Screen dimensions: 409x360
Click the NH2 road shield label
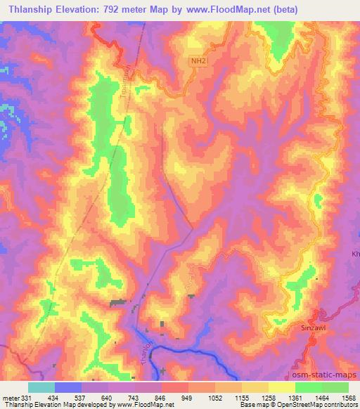200,61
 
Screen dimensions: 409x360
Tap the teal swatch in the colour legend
41,387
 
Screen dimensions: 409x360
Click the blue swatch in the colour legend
68,387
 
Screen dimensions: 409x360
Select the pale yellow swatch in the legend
282,387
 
